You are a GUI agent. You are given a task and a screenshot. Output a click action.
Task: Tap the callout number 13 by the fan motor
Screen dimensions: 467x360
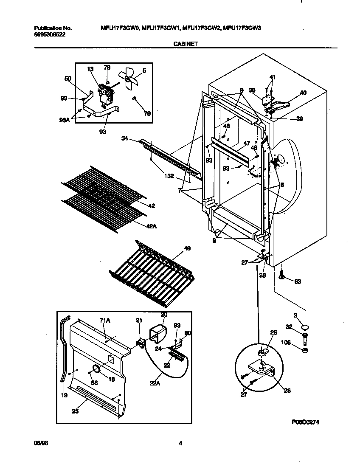(x=90, y=69)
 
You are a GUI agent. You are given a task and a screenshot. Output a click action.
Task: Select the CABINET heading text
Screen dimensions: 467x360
(x=186, y=43)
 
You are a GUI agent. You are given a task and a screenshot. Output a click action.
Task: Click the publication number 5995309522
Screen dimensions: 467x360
(x=50, y=34)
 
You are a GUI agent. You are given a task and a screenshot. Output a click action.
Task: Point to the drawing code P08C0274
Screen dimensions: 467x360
(x=305, y=422)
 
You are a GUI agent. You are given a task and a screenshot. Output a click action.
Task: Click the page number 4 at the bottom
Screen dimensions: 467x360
(x=180, y=444)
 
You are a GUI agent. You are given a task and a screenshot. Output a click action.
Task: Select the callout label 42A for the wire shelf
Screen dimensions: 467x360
(x=152, y=226)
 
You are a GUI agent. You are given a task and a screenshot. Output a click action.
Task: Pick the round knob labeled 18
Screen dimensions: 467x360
(x=97, y=369)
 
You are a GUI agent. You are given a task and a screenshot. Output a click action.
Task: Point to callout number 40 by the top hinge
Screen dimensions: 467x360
(x=303, y=93)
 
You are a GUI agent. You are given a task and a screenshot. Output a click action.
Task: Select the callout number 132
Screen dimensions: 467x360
(x=169, y=175)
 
